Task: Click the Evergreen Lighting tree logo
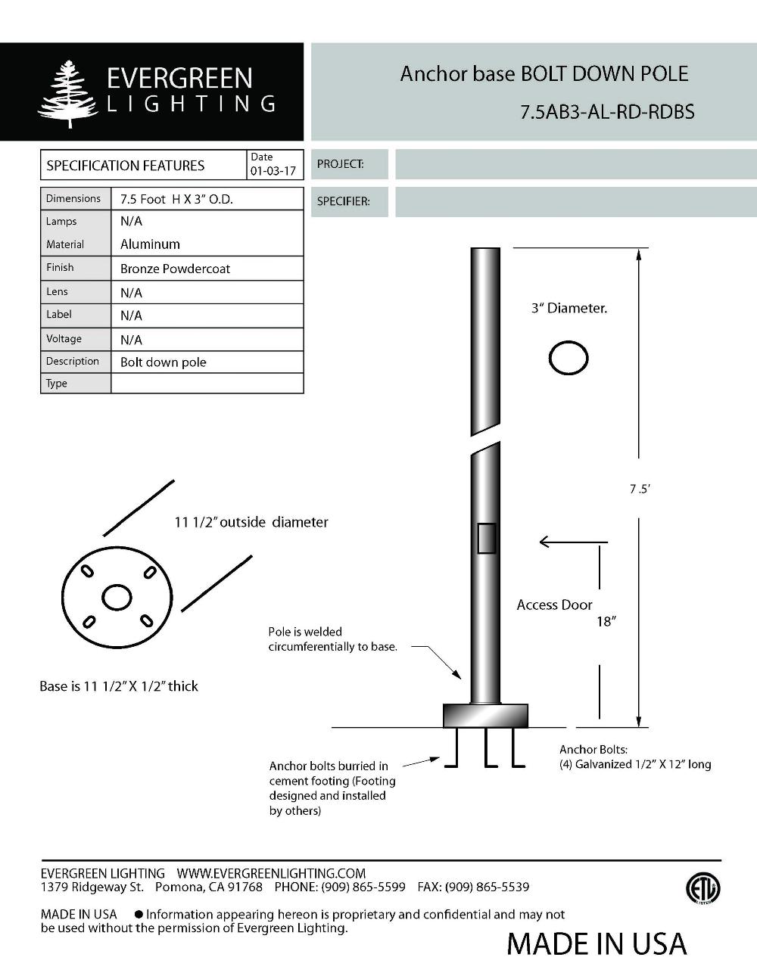click(x=68, y=94)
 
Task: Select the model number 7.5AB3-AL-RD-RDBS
click(x=607, y=112)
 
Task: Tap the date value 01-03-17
click(x=273, y=171)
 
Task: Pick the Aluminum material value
click(x=150, y=244)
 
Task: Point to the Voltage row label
click(x=64, y=338)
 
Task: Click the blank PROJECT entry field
click(x=575, y=164)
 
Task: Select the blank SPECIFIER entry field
click(x=575, y=202)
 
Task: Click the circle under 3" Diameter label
click(x=569, y=358)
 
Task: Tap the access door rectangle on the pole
click(x=486, y=539)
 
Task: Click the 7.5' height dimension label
click(x=640, y=489)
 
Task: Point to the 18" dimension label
click(x=606, y=621)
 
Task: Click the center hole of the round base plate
click(x=117, y=598)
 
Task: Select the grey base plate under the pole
click(x=485, y=715)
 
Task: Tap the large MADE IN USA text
click(x=597, y=943)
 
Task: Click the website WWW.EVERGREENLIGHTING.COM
click(x=271, y=873)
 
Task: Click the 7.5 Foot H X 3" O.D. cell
click(x=176, y=199)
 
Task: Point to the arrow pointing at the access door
click(x=572, y=542)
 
